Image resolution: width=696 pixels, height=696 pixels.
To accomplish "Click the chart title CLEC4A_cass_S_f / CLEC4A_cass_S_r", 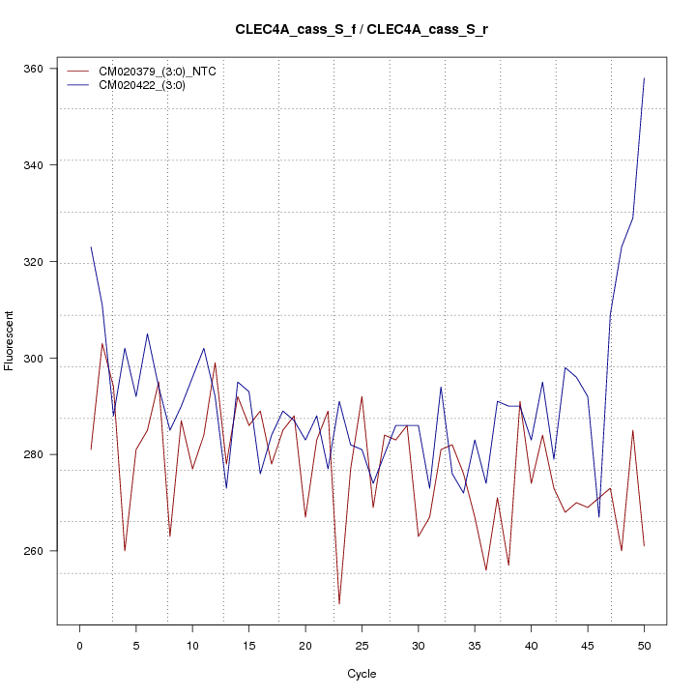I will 362,29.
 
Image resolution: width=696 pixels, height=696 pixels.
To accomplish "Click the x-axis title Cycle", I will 362,674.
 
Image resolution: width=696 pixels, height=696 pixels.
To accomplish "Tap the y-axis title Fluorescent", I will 10,340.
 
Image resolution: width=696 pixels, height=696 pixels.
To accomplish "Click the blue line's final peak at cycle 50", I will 644,78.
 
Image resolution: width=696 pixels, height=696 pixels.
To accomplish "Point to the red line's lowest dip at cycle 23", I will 339,603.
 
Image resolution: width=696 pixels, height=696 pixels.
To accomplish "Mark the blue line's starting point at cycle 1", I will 91,247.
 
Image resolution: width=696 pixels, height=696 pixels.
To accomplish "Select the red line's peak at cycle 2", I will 102,343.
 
